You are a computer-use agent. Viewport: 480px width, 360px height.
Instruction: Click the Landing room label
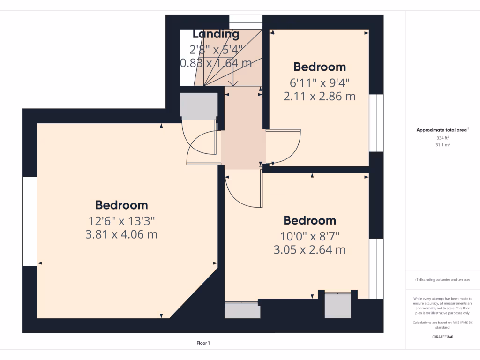[x=216, y=34]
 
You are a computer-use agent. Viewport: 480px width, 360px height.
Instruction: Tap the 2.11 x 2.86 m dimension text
[x=319, y=97]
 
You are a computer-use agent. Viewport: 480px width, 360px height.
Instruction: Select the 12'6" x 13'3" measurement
[x=121, y=220]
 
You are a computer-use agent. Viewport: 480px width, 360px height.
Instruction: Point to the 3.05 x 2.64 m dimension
[x=309, y=250]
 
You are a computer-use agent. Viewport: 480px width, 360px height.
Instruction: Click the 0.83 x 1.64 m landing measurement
[x=216, y=62]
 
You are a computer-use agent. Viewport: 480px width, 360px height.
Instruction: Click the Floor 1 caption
[x=203, y=343]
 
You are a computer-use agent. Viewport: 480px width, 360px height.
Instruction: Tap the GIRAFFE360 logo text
[x=443, y=337]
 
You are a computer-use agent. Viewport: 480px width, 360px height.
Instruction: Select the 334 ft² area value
[x=443, y=138]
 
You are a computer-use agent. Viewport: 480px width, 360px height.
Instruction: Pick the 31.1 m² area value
[x=443, y=145]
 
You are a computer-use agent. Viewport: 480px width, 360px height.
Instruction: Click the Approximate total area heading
[x=443, y=130]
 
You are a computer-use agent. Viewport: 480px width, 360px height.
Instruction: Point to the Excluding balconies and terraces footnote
[x=443, y=280]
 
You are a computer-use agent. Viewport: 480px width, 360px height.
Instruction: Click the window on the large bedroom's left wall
[x=30, y=221]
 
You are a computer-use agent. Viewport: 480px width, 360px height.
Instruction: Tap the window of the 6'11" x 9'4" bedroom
[x=376, y=123]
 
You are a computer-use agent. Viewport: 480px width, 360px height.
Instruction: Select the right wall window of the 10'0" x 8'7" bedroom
[x=376, y=269]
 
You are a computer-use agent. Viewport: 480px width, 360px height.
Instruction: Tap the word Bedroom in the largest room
[x=121, y=205]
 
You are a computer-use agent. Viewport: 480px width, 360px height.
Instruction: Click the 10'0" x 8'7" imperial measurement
[x=309, y=235]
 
